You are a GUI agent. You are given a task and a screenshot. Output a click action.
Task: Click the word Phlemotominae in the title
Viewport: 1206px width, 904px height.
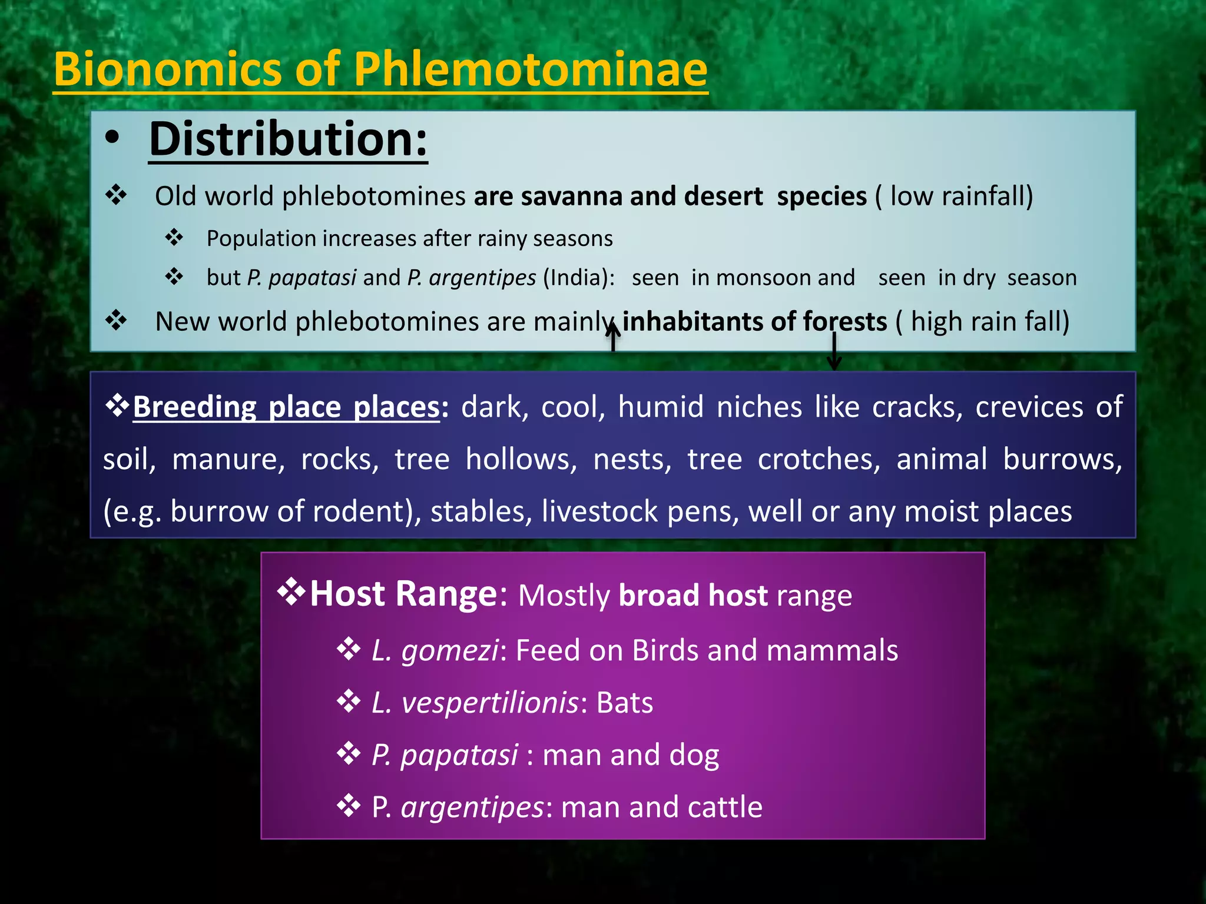(530, 69)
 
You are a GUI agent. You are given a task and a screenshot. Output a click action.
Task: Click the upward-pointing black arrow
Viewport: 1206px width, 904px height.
(613, 337)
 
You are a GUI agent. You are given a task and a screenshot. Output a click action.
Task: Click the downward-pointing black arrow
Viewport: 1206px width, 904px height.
(834, 351)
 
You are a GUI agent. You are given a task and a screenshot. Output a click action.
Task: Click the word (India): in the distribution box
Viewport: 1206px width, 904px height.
(579, 277)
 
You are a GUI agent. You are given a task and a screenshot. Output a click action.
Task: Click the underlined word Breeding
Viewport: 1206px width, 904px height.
(194, 407)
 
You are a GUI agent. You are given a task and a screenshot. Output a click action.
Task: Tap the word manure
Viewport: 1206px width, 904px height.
(228, 459)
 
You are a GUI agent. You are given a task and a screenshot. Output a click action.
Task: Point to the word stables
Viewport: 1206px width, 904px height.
(478, 511)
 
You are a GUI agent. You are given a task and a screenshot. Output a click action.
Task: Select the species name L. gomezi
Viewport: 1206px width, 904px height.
(435, 650)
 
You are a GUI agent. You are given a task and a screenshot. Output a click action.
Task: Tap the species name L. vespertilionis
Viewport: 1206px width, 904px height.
(475, 703)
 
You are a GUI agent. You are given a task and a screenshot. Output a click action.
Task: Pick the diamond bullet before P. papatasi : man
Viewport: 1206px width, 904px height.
(348, 754)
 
